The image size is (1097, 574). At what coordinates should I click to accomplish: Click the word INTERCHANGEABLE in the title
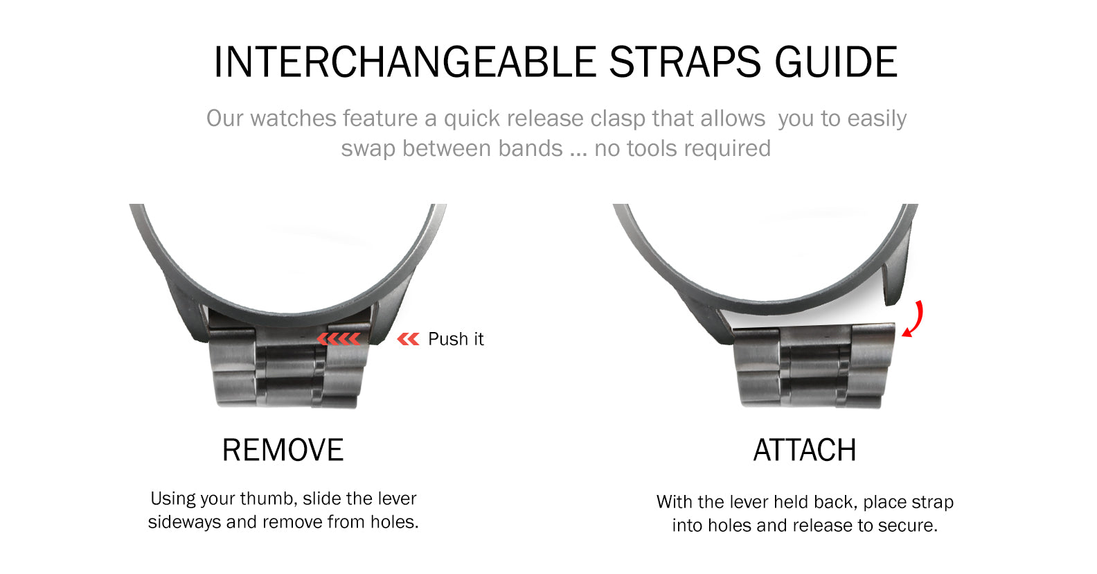[405, 62]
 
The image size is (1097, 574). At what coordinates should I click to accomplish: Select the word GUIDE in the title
[836, 62]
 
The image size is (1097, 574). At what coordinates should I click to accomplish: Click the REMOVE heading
[283, 450]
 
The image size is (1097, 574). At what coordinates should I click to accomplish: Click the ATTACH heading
[805, 450]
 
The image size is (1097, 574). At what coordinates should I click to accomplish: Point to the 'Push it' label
[456, 339]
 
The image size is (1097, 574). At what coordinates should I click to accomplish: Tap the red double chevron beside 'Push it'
[408, 339]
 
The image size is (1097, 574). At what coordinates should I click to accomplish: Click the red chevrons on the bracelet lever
[339, 339]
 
